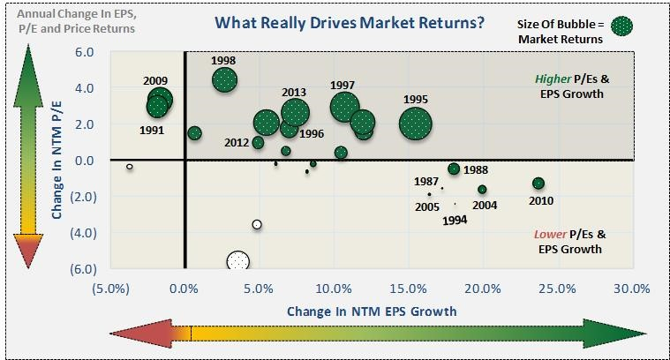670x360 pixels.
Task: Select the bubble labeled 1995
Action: tap(416, 124)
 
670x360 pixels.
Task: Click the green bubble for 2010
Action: tap(538, 184)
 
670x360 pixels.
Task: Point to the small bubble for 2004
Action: tap(482, 190)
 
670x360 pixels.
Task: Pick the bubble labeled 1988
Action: tap(454, 169)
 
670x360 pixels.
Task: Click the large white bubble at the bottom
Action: tap(238, 261)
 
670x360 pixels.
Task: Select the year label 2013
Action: tap(294, 93)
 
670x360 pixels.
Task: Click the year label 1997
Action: tap(343, 85)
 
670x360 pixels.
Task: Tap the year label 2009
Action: tap(155, 80)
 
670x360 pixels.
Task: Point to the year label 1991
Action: tap(152, 131)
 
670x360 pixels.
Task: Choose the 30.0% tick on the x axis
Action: tap(632, 288)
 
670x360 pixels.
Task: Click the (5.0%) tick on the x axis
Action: tap(109, 288)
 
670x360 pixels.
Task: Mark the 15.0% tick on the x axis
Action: tap(408, 288)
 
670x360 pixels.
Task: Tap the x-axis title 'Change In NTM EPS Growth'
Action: tap(372, 311)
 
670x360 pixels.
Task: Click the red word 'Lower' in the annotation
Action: tap(550, 234)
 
